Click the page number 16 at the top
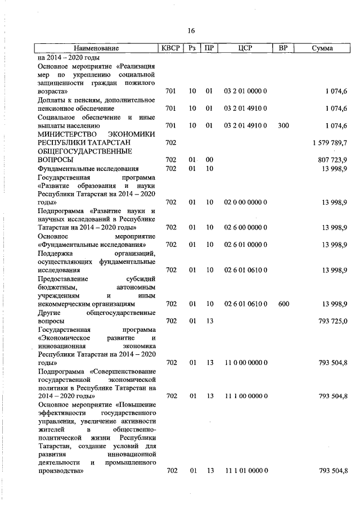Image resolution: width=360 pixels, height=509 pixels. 191,30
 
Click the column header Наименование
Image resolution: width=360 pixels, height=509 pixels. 96,48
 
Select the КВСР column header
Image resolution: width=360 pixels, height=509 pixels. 170,48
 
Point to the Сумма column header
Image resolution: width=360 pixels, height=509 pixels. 322,48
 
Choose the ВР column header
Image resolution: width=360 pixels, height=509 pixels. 283,48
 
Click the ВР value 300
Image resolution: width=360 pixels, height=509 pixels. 283,125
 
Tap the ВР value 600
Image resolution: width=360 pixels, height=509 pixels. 283,304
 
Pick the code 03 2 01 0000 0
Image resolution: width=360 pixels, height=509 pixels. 245,91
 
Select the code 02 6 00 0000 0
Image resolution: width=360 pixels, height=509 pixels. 245,227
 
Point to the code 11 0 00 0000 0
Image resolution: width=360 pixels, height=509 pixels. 245,363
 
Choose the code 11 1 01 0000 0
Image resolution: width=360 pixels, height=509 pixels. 245,470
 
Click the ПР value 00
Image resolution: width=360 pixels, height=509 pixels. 209,160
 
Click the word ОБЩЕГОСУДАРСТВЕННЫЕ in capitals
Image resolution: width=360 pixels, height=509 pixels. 75,151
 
